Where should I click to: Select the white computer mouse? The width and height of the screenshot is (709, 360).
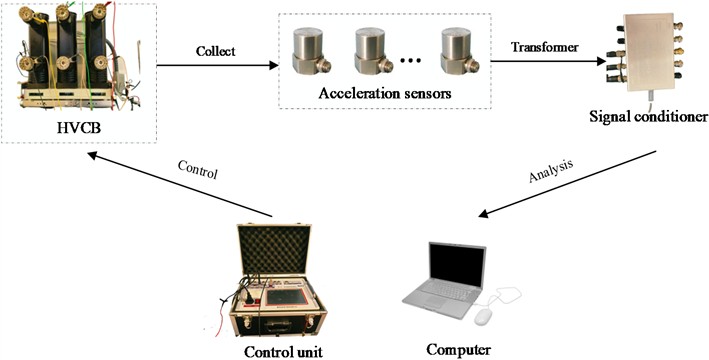tap(483, 317)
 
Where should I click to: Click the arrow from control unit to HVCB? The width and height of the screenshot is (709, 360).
tap(179, 186)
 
